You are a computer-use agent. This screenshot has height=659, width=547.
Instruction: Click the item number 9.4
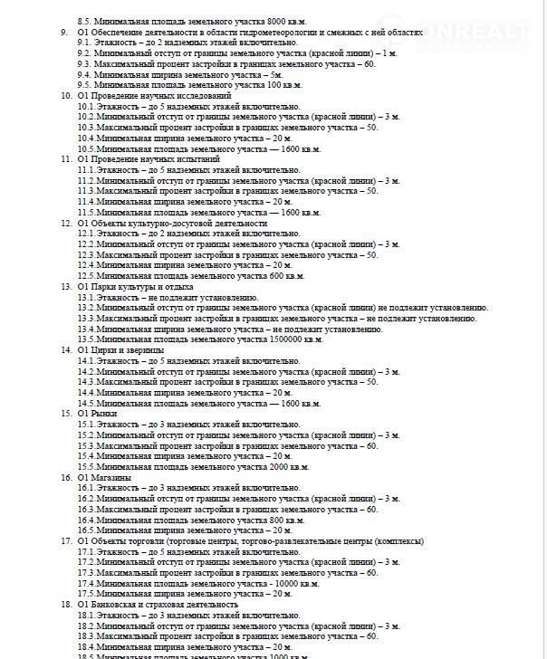83,74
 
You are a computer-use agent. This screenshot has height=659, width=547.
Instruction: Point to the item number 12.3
85,254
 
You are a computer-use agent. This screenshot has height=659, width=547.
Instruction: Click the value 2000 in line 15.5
279,466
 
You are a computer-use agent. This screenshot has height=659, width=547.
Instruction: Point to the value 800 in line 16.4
276,520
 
